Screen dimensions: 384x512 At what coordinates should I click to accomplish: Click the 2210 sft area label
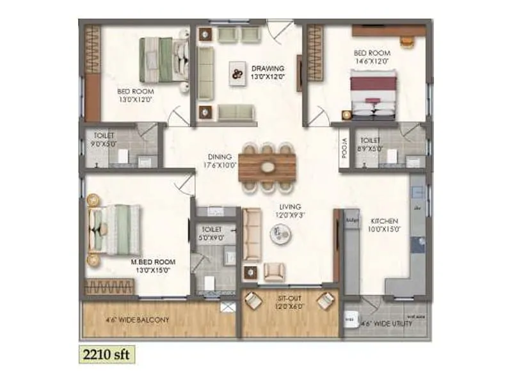coord(106,351)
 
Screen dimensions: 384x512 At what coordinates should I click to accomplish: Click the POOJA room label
coord(343,148)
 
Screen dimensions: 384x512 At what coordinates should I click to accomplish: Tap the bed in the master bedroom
coord(115,229)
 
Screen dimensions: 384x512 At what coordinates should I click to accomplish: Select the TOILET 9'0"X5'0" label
coord(104,140)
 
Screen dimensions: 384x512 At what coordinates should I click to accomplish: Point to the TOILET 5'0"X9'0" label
coord(212,232)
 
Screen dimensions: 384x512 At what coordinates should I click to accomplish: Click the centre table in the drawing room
coord(237,74)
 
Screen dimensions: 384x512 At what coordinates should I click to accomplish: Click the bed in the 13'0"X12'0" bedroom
coord(161,60)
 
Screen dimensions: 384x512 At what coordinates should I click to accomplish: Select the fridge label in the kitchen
coord(351,220)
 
